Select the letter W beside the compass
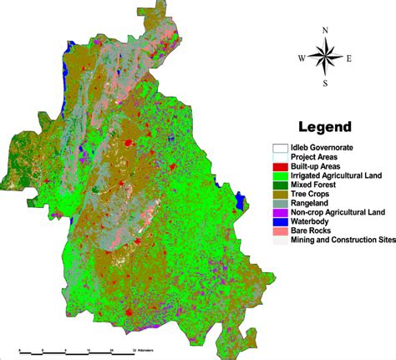(302, 58)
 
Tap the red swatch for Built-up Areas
(279, 166)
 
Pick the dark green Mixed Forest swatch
(279, 185)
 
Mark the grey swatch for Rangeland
(279, 203)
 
